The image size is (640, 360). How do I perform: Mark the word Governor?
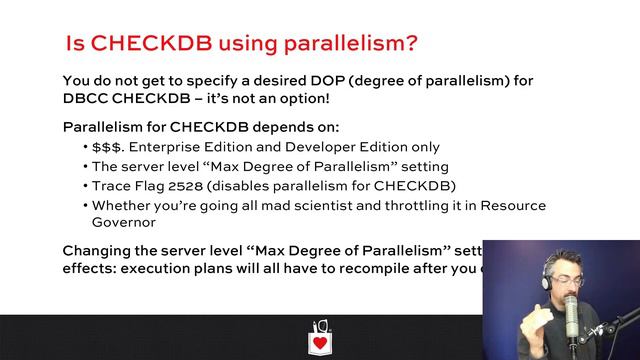[x=124, y=223]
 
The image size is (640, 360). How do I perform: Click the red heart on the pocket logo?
[x=320, y=342]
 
